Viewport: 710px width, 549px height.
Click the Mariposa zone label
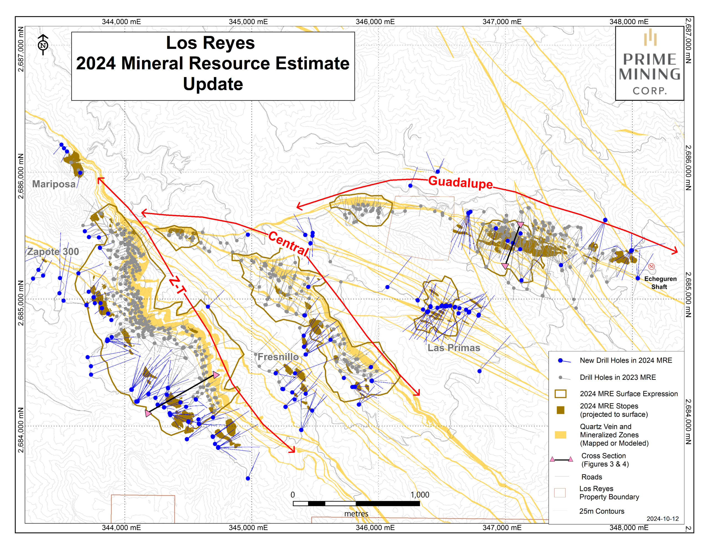point(54,184)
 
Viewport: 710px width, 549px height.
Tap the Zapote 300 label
point(53,251)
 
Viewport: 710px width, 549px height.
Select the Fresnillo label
point(278,357)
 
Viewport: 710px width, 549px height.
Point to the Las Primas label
point(453,347)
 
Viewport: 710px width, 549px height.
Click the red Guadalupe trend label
point(460,182)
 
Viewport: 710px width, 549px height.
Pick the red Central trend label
point(288,244)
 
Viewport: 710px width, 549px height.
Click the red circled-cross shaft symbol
point(651,266)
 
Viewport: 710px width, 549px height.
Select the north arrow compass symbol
point(43,45)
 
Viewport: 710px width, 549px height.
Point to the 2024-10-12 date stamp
point(662,519)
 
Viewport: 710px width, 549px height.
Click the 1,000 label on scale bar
point(419,495)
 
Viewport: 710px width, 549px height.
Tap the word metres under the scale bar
point(356,513)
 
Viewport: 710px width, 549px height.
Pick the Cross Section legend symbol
point(561,460)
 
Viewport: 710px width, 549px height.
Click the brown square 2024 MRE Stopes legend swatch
point(560,410)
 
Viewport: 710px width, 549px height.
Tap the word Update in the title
point(213,84)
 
